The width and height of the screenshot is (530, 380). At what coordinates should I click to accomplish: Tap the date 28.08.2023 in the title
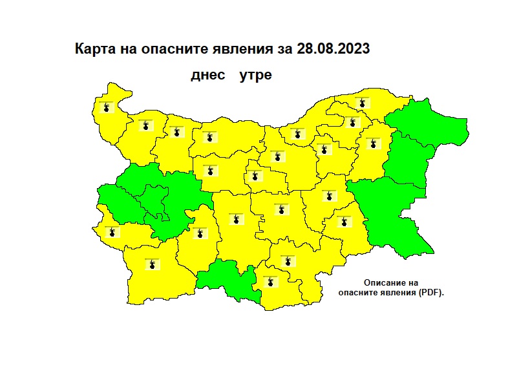point(334,50)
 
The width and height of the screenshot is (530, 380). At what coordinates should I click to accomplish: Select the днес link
point(207,76)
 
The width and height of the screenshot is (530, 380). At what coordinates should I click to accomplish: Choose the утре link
point(255,76)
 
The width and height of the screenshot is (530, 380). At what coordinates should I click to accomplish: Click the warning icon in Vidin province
point(106,107)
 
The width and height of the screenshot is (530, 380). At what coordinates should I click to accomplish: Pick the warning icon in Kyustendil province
point(113,231)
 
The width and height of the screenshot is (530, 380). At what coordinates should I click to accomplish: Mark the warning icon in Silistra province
point(363,102)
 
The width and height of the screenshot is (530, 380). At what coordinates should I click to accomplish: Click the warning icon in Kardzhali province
point(269,281)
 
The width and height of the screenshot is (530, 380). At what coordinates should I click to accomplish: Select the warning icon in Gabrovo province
point(255,176)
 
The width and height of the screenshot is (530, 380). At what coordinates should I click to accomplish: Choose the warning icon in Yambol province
point(344,221)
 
